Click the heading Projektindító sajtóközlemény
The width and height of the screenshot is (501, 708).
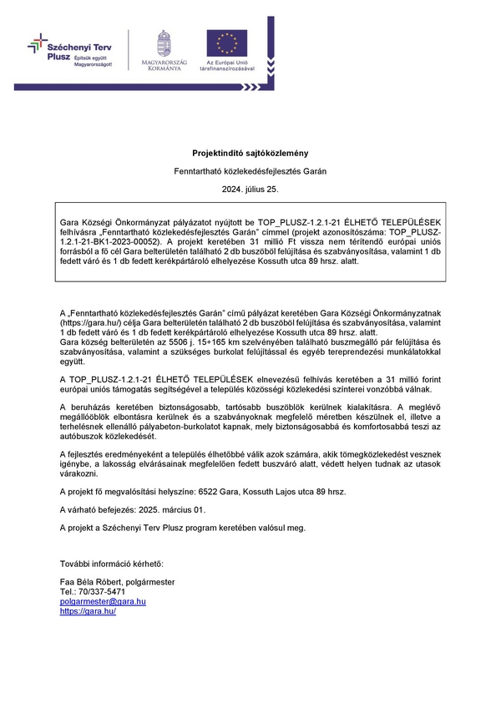pos(250,153)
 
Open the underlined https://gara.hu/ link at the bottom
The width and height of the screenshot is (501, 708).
pos(88,611)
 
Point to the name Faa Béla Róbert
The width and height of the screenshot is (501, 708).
pos(91,581)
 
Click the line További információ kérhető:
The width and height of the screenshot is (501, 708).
pos(112,565)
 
